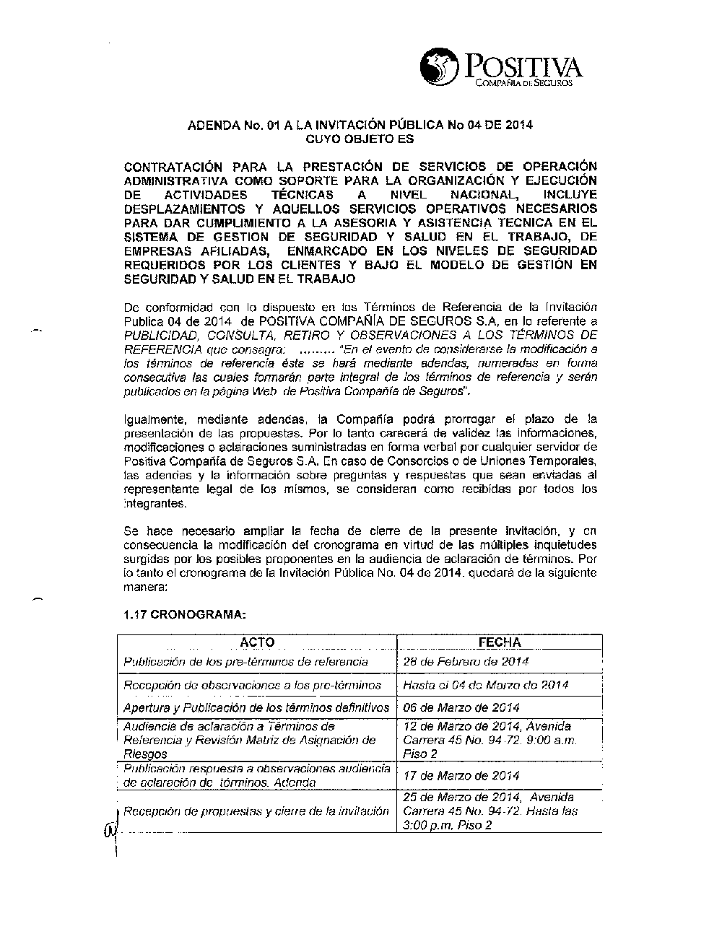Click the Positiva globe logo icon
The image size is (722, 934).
point(439,67)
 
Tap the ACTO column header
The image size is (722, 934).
point(257,642)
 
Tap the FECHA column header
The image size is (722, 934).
point(500,642)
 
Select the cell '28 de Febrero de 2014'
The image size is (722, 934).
point(466,661)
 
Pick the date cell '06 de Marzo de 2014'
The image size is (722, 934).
point(461,707)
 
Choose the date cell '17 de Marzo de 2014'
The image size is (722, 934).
point(461,776)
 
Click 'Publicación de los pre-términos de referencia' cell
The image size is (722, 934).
point(246,661)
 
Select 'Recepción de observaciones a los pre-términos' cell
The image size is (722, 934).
point(253,684)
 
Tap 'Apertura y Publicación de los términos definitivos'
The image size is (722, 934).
point(256,707)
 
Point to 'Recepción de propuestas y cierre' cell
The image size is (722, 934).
point(256,811)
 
